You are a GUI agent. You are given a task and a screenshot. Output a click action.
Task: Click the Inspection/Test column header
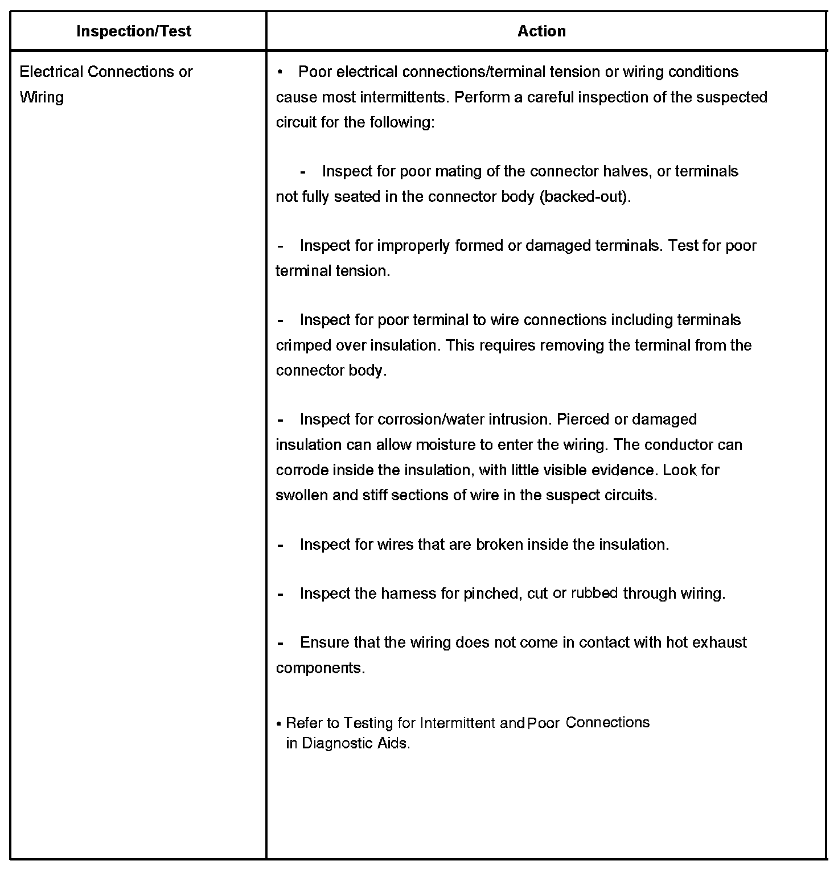(x=134, y=31)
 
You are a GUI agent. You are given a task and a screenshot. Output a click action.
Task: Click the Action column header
(x=541, y=31)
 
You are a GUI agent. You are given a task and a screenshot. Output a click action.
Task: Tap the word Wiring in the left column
(x=42, y=97)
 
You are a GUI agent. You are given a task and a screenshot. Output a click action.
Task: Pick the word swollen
(x=302, y=495)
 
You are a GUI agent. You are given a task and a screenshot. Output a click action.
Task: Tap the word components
(x=319, y=668)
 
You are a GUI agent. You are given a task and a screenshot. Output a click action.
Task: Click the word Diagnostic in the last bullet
(x=338, y=743)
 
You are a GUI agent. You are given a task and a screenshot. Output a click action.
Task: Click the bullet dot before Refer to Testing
(x=279, y=724)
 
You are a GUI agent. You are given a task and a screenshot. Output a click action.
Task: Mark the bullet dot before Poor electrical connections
(x=280, y=72)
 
